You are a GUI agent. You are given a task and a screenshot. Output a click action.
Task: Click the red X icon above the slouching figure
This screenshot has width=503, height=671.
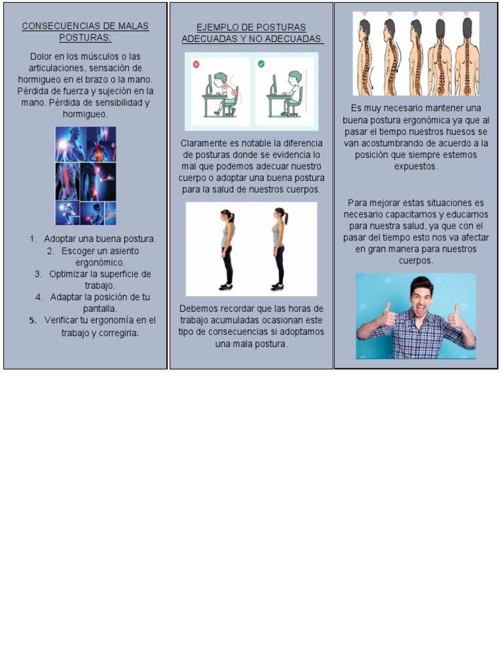pos(196,65)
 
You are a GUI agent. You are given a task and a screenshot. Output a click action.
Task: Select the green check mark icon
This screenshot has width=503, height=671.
pos(261,64)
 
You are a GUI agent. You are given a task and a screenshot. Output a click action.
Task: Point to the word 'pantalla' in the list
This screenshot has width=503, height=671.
pos(100,309)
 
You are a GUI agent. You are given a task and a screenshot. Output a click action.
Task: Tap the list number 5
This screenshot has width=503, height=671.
pos(33,320)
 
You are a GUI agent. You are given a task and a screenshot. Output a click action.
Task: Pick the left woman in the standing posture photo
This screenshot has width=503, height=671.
pos(227,249)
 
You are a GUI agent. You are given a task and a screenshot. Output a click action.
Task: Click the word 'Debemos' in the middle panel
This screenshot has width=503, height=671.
pos(197,309)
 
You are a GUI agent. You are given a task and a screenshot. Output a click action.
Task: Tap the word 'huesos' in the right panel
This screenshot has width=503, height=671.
pos(460,132)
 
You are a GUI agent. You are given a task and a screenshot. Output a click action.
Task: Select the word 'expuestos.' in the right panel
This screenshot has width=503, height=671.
pos(416,166)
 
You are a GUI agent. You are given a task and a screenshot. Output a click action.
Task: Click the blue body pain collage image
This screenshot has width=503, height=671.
pos(85,176)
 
